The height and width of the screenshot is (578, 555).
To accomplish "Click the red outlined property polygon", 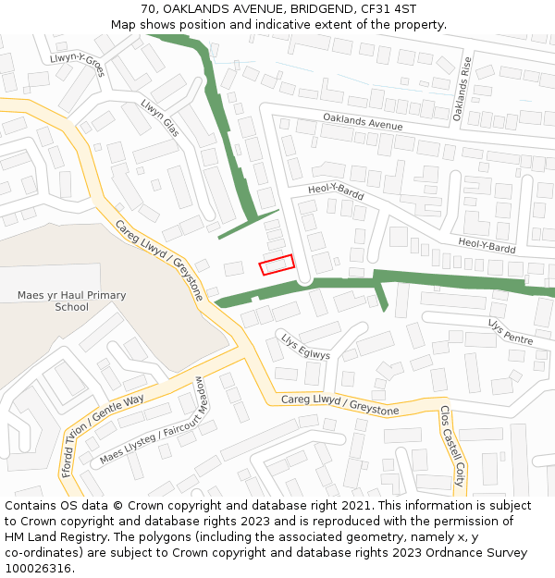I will click(277, 264).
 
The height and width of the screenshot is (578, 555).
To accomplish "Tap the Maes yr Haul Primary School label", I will click(71, 301).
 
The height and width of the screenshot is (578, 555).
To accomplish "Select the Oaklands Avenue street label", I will click(362, 121).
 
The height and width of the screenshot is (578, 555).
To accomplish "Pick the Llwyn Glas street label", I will click(159, 119).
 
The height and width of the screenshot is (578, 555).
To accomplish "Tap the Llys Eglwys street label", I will click(305, 347).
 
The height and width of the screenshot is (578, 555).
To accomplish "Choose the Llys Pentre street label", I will click(511, 332).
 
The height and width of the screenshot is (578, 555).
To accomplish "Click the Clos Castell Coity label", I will click(451, 446).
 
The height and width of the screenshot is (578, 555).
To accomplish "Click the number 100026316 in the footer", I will click(40, 569).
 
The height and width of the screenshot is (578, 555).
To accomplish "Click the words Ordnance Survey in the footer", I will click(475, 553).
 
